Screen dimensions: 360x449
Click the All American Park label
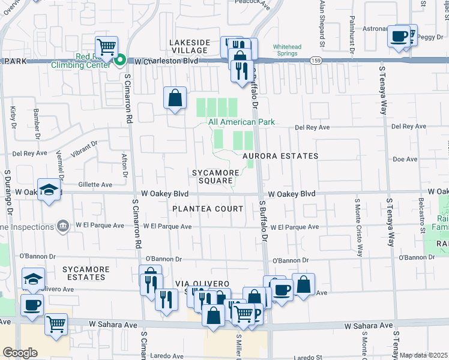(x=241, y=122)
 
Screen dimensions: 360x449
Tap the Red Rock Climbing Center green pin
(x=120, y=59)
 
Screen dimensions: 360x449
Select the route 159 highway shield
(x=315, y=61)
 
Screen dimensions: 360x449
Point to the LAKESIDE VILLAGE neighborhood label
(x=190, y=47)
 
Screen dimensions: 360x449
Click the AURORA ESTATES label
(x=280, y=156)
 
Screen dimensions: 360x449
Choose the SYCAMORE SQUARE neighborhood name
(x=212, y=176)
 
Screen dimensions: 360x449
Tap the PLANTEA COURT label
(x=208, y=209)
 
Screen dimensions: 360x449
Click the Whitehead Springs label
(x=285, y=50)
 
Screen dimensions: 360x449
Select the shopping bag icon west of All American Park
(x=174, y=98)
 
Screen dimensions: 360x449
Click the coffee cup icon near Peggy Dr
(x=399, y=37)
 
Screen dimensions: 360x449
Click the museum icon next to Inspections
(x=62, y=226)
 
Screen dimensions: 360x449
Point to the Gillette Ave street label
(x=95, y=185)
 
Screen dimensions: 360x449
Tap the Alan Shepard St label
(x=322, y=24)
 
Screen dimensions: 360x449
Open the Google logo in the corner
(x=20, y=353)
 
